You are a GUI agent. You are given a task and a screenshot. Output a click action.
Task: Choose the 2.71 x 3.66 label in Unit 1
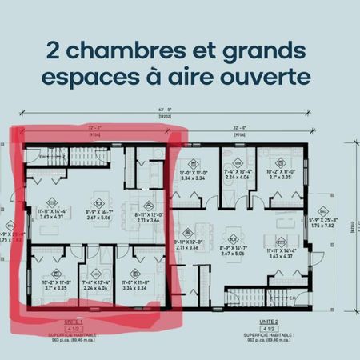pos(145,216)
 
